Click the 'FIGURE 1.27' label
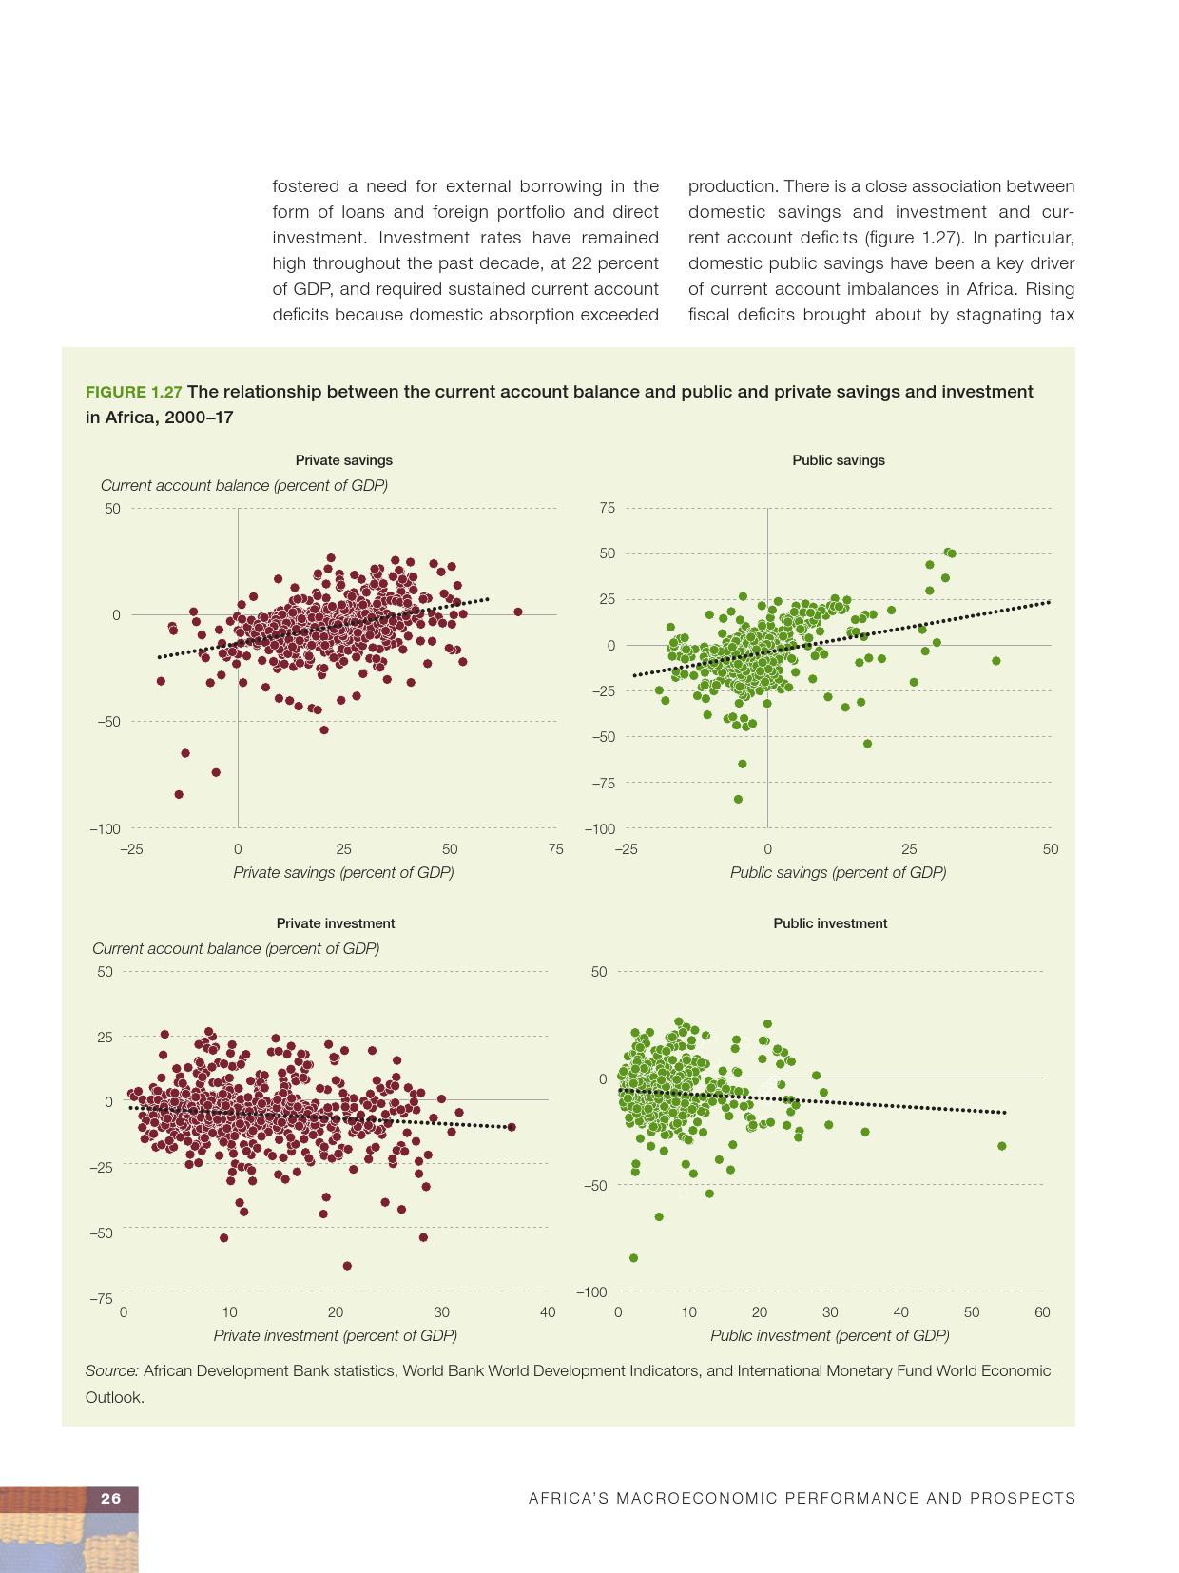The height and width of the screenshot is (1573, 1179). [133, 392]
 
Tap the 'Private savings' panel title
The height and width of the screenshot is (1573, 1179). [343, 460]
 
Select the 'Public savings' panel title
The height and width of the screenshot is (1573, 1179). [838, 460]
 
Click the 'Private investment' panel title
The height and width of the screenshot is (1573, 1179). [335, 923]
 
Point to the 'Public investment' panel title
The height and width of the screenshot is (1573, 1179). [830, 923]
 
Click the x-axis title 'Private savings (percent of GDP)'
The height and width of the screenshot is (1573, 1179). [343, 872]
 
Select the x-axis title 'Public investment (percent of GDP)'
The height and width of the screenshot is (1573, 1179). [829, 1335]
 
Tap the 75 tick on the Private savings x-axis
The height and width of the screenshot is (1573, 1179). [555, 849]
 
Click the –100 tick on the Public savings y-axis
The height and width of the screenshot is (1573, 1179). [599, 829]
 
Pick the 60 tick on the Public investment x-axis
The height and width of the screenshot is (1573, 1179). [1042, 1312]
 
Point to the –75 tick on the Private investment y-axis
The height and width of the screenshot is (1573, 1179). [101, 1298]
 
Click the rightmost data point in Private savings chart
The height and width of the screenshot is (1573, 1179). [518, 612]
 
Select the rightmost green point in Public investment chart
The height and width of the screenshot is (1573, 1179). [1001, 1146]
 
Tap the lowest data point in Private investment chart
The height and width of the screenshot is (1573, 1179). [347, 1266]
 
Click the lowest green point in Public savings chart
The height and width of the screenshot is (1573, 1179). [738, 799]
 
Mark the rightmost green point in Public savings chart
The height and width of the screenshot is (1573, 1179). [995, 660]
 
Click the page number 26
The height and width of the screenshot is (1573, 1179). [111, 1498]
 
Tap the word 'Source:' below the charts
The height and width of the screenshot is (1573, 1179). [112, 1370]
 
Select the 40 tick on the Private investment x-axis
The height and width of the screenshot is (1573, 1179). [547, 1312]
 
